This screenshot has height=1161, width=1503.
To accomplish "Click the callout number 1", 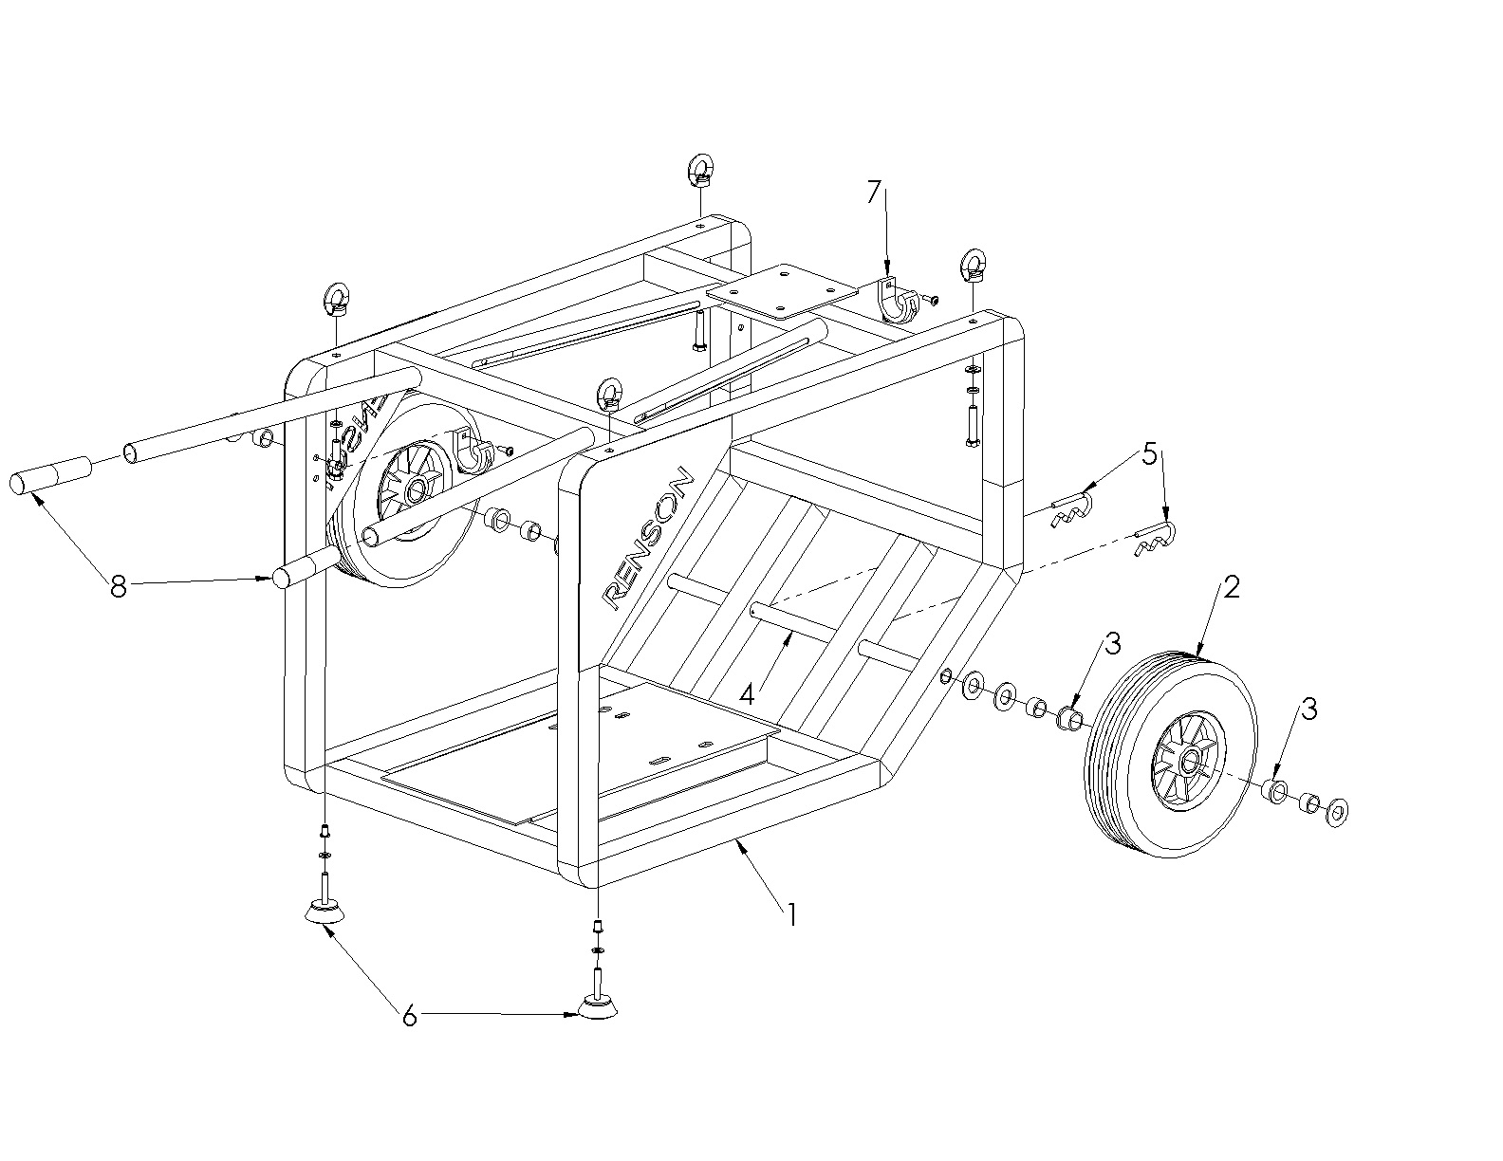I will [790, 914].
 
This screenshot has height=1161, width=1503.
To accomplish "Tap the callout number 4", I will [747, 694].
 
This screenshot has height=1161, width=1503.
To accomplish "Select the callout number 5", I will [1149, 455].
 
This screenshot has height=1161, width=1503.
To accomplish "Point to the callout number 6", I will [409, 1016].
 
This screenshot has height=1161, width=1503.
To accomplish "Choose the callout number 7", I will [874, 193].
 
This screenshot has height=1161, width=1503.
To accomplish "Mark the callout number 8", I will [118, 588].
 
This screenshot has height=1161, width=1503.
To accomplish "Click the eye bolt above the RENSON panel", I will [610, 393].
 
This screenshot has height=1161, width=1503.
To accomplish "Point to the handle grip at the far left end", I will [50, 475].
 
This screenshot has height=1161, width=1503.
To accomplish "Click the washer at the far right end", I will [1338, 811].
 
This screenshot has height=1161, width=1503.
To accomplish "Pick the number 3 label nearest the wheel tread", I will [1113, 644].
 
